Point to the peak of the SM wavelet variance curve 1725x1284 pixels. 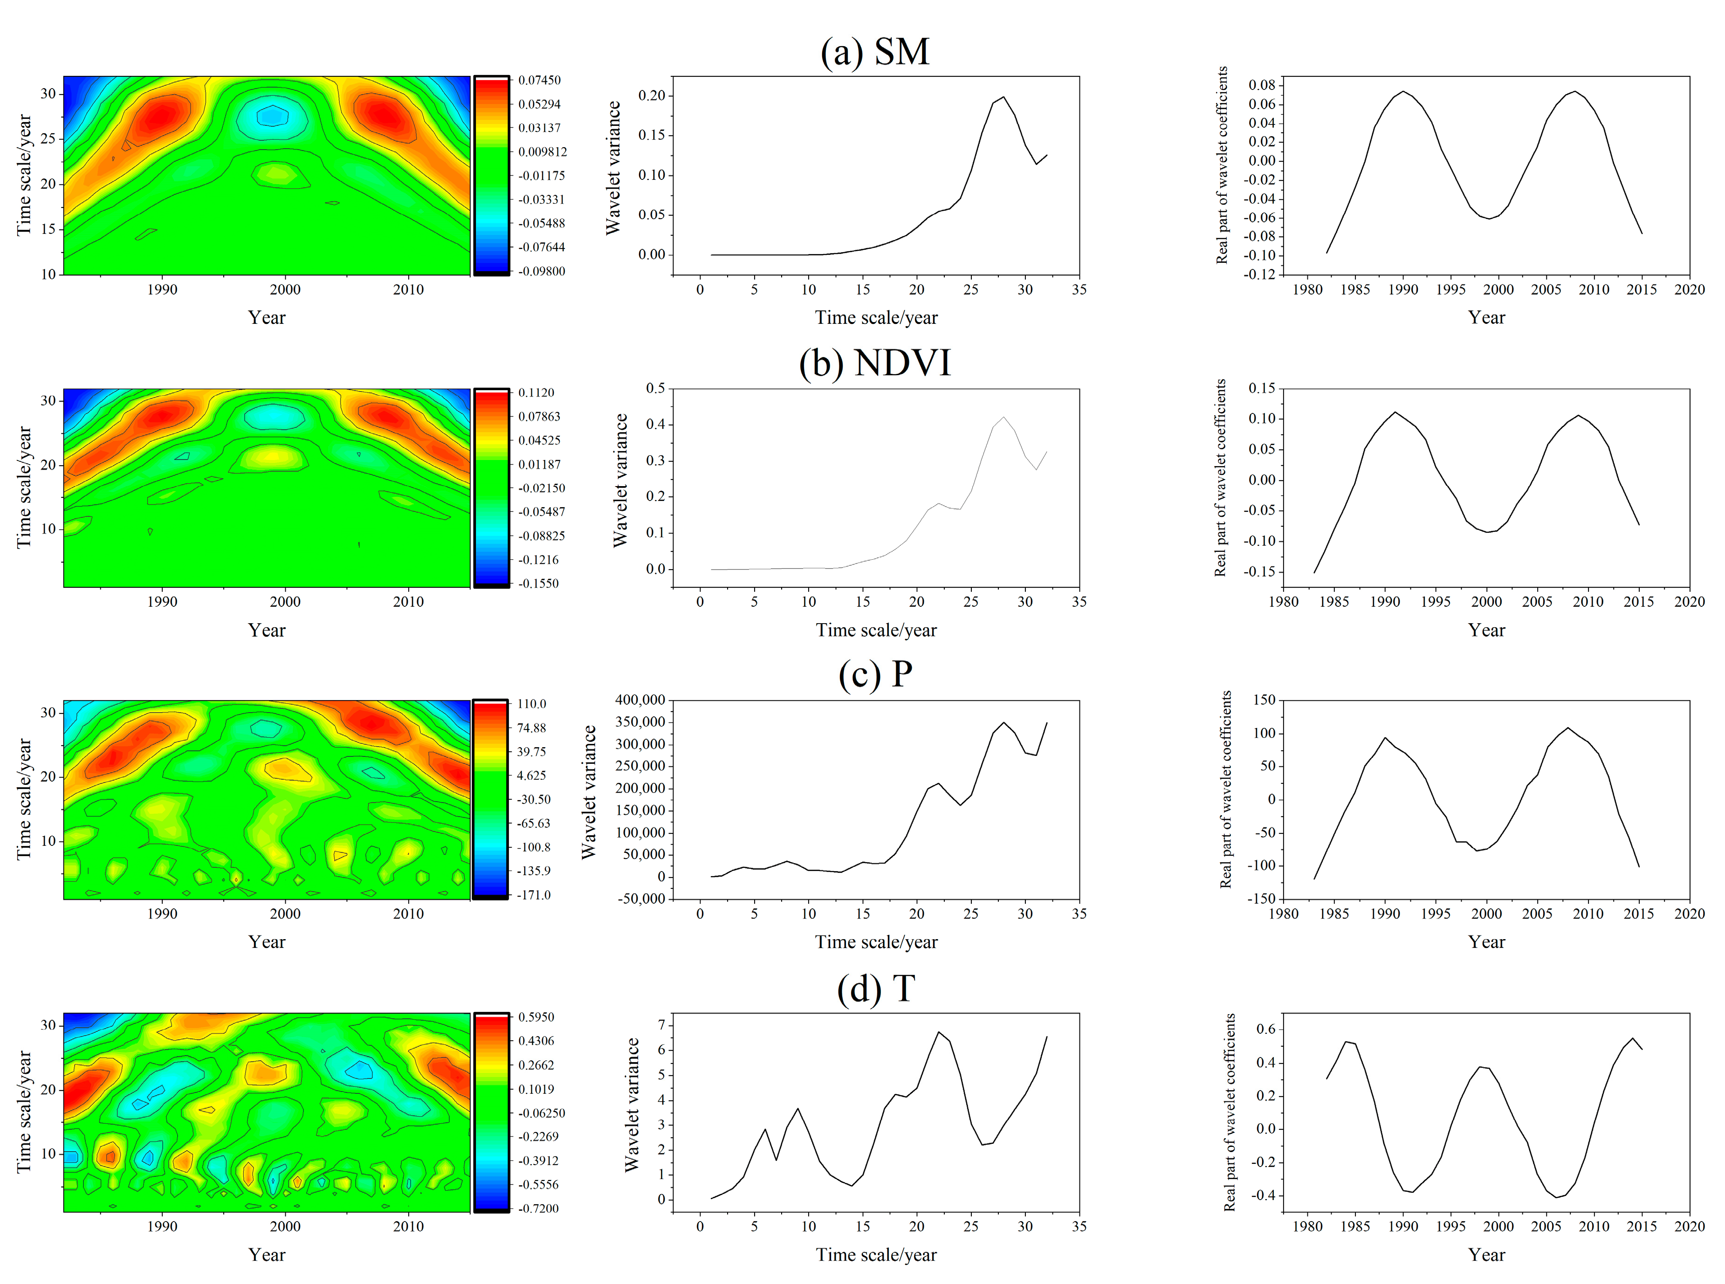pos(1003,97)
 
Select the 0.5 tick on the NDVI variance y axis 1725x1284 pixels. pos(655,388)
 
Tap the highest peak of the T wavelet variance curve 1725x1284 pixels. pos(938,1032)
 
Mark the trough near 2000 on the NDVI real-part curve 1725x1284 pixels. pos(1487,532)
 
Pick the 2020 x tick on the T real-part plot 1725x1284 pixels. pos(1689,1227)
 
